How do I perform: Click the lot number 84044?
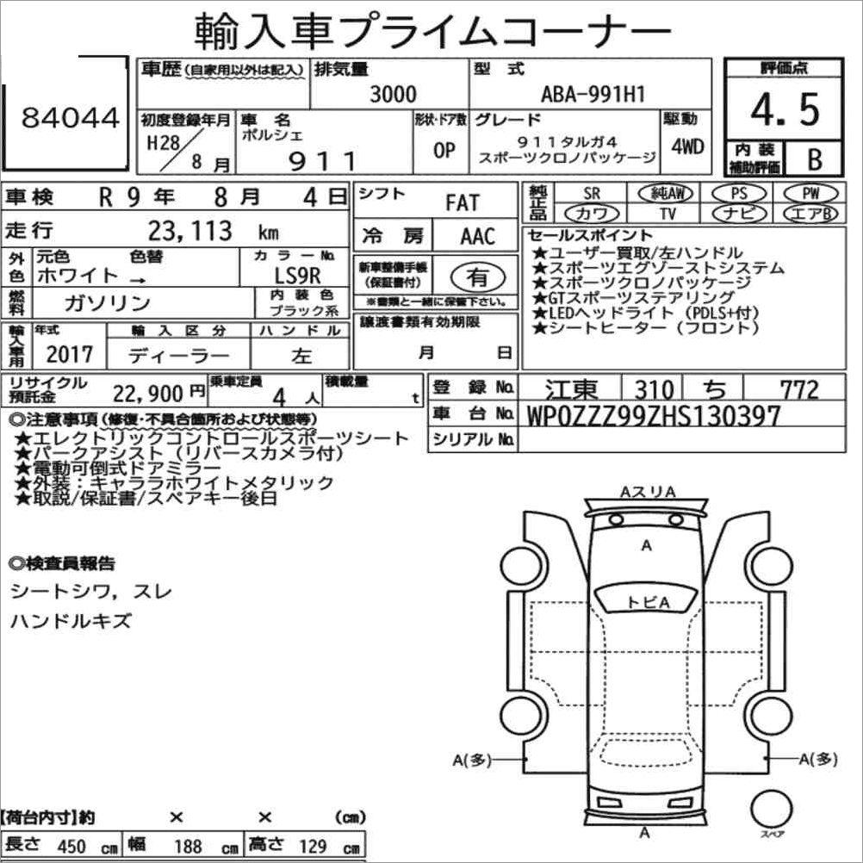pos(71,117)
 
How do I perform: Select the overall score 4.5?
pos(785,109)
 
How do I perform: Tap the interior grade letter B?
pos(815,159)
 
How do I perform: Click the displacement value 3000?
pos(393,94)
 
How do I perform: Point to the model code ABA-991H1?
pos(593,94)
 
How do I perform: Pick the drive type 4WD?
pos(687,146)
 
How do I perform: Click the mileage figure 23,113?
pos(189,231)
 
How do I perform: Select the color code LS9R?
pos(298,276)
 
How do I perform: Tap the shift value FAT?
pos(463,203)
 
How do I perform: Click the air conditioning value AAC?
pos(478,236)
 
